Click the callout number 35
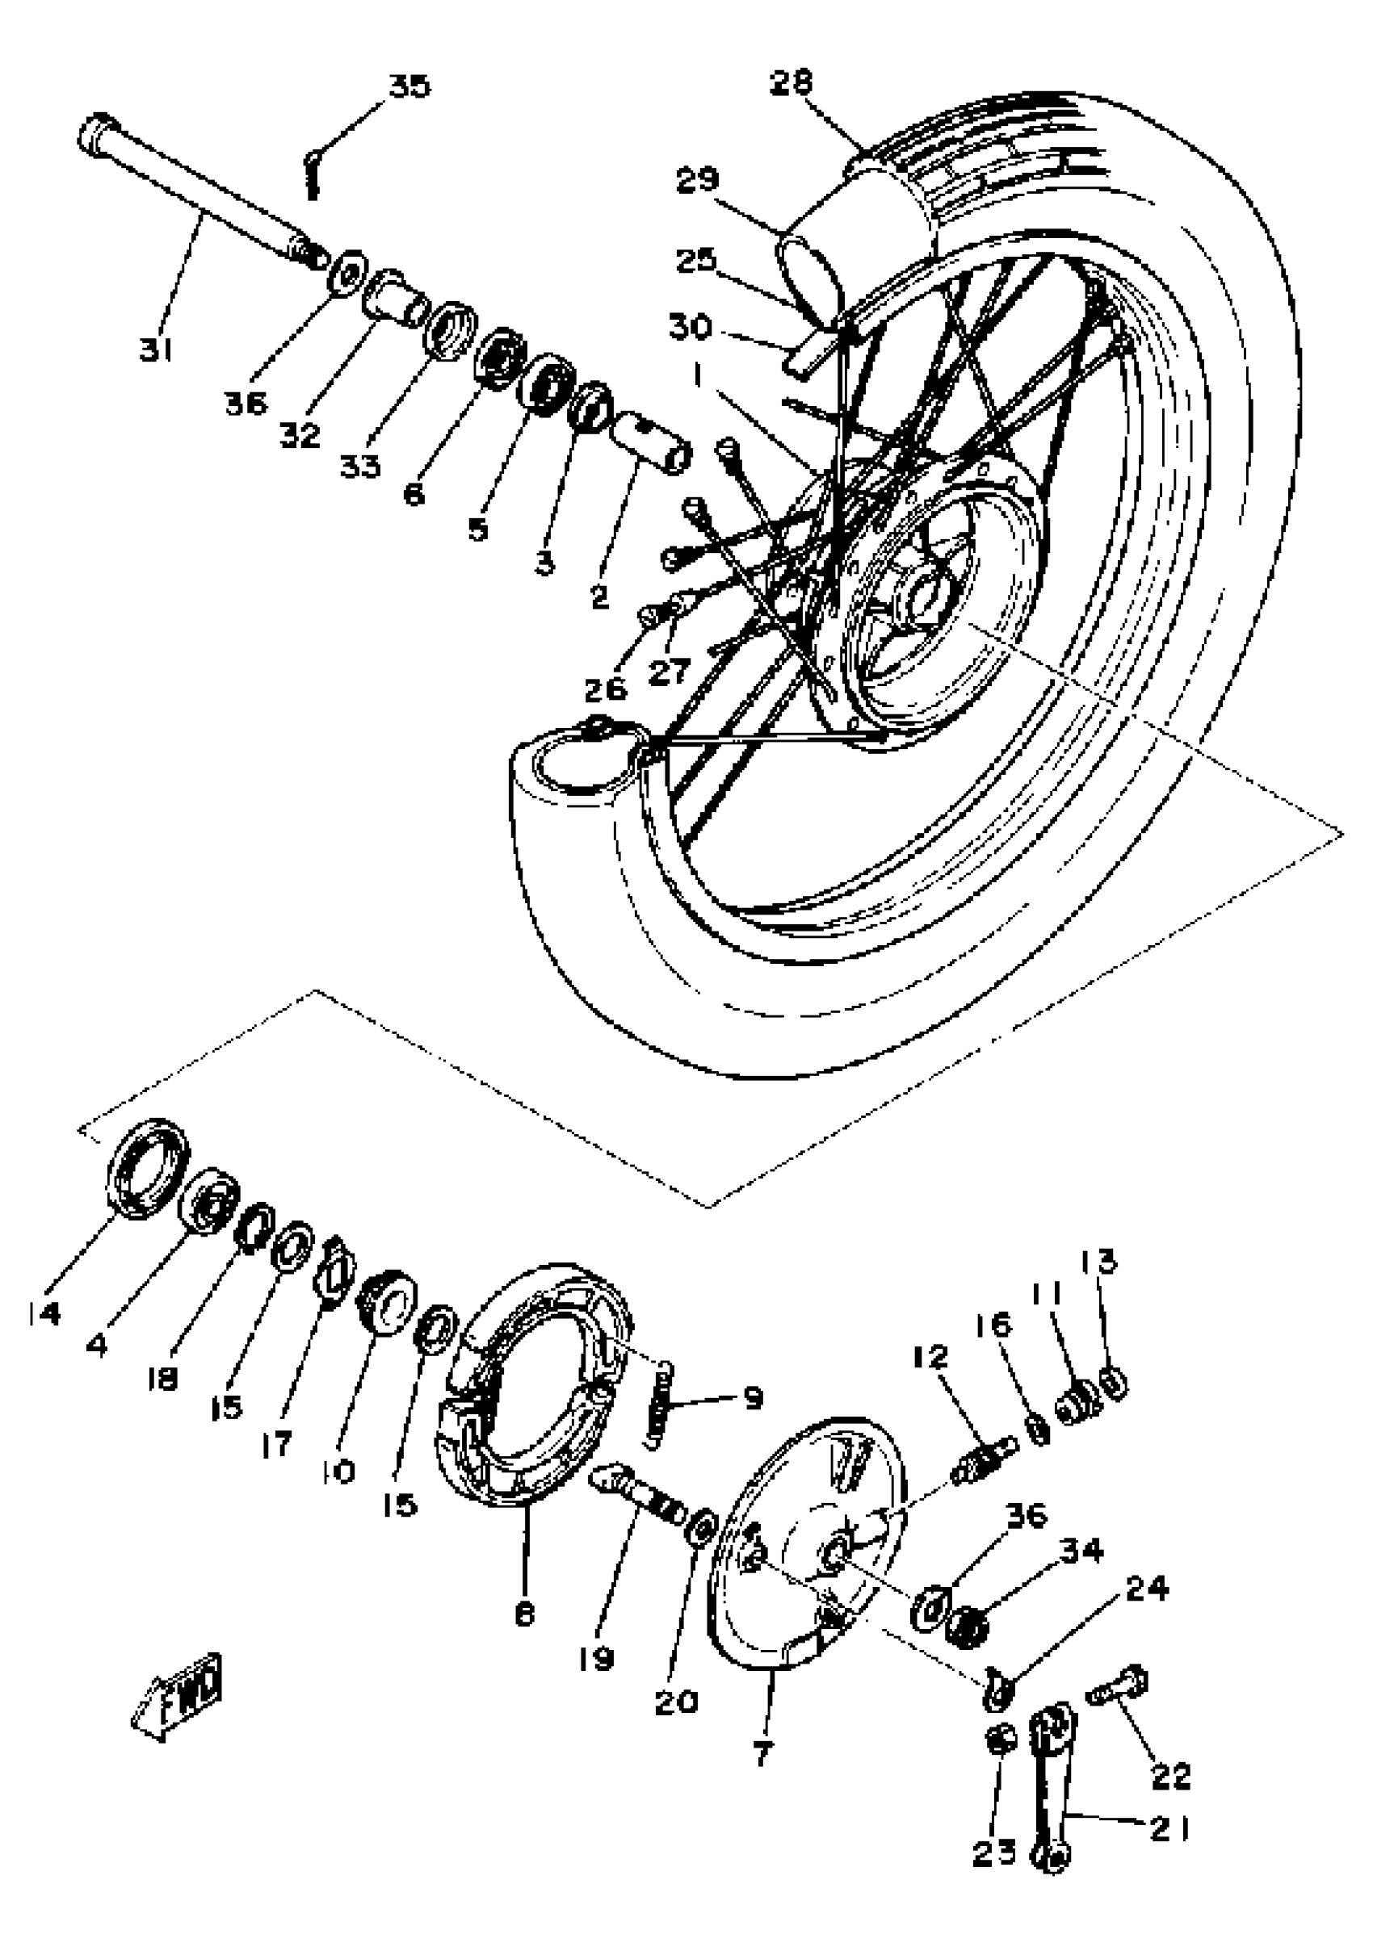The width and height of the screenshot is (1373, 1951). (x=409, y=86)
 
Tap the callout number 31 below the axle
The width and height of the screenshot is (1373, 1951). (x=157, y=349)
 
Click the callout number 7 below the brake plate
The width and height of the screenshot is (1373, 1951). (x=762, y=1752)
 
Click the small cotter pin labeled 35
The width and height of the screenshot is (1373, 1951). (x=312, y=174)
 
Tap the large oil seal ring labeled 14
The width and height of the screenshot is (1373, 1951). (x=148, y=1166)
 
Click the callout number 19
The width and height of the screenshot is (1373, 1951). (x=598, y=1658)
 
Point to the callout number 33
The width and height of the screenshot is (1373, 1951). (x=360, y=465)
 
